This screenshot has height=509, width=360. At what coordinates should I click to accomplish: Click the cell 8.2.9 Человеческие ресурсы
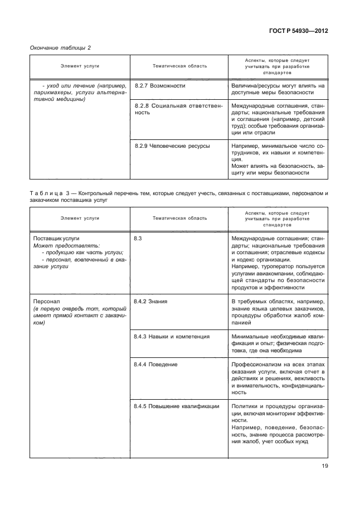[172, 146]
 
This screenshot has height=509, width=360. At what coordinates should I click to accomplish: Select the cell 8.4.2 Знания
[151, 301]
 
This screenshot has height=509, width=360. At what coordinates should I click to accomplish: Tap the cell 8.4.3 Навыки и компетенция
[172, 337]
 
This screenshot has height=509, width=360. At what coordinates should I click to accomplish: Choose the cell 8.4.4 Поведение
[156, 364]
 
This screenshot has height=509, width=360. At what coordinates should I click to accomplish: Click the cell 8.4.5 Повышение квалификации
[177, 406]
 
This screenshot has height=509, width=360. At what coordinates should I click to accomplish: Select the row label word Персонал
[45, 301]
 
